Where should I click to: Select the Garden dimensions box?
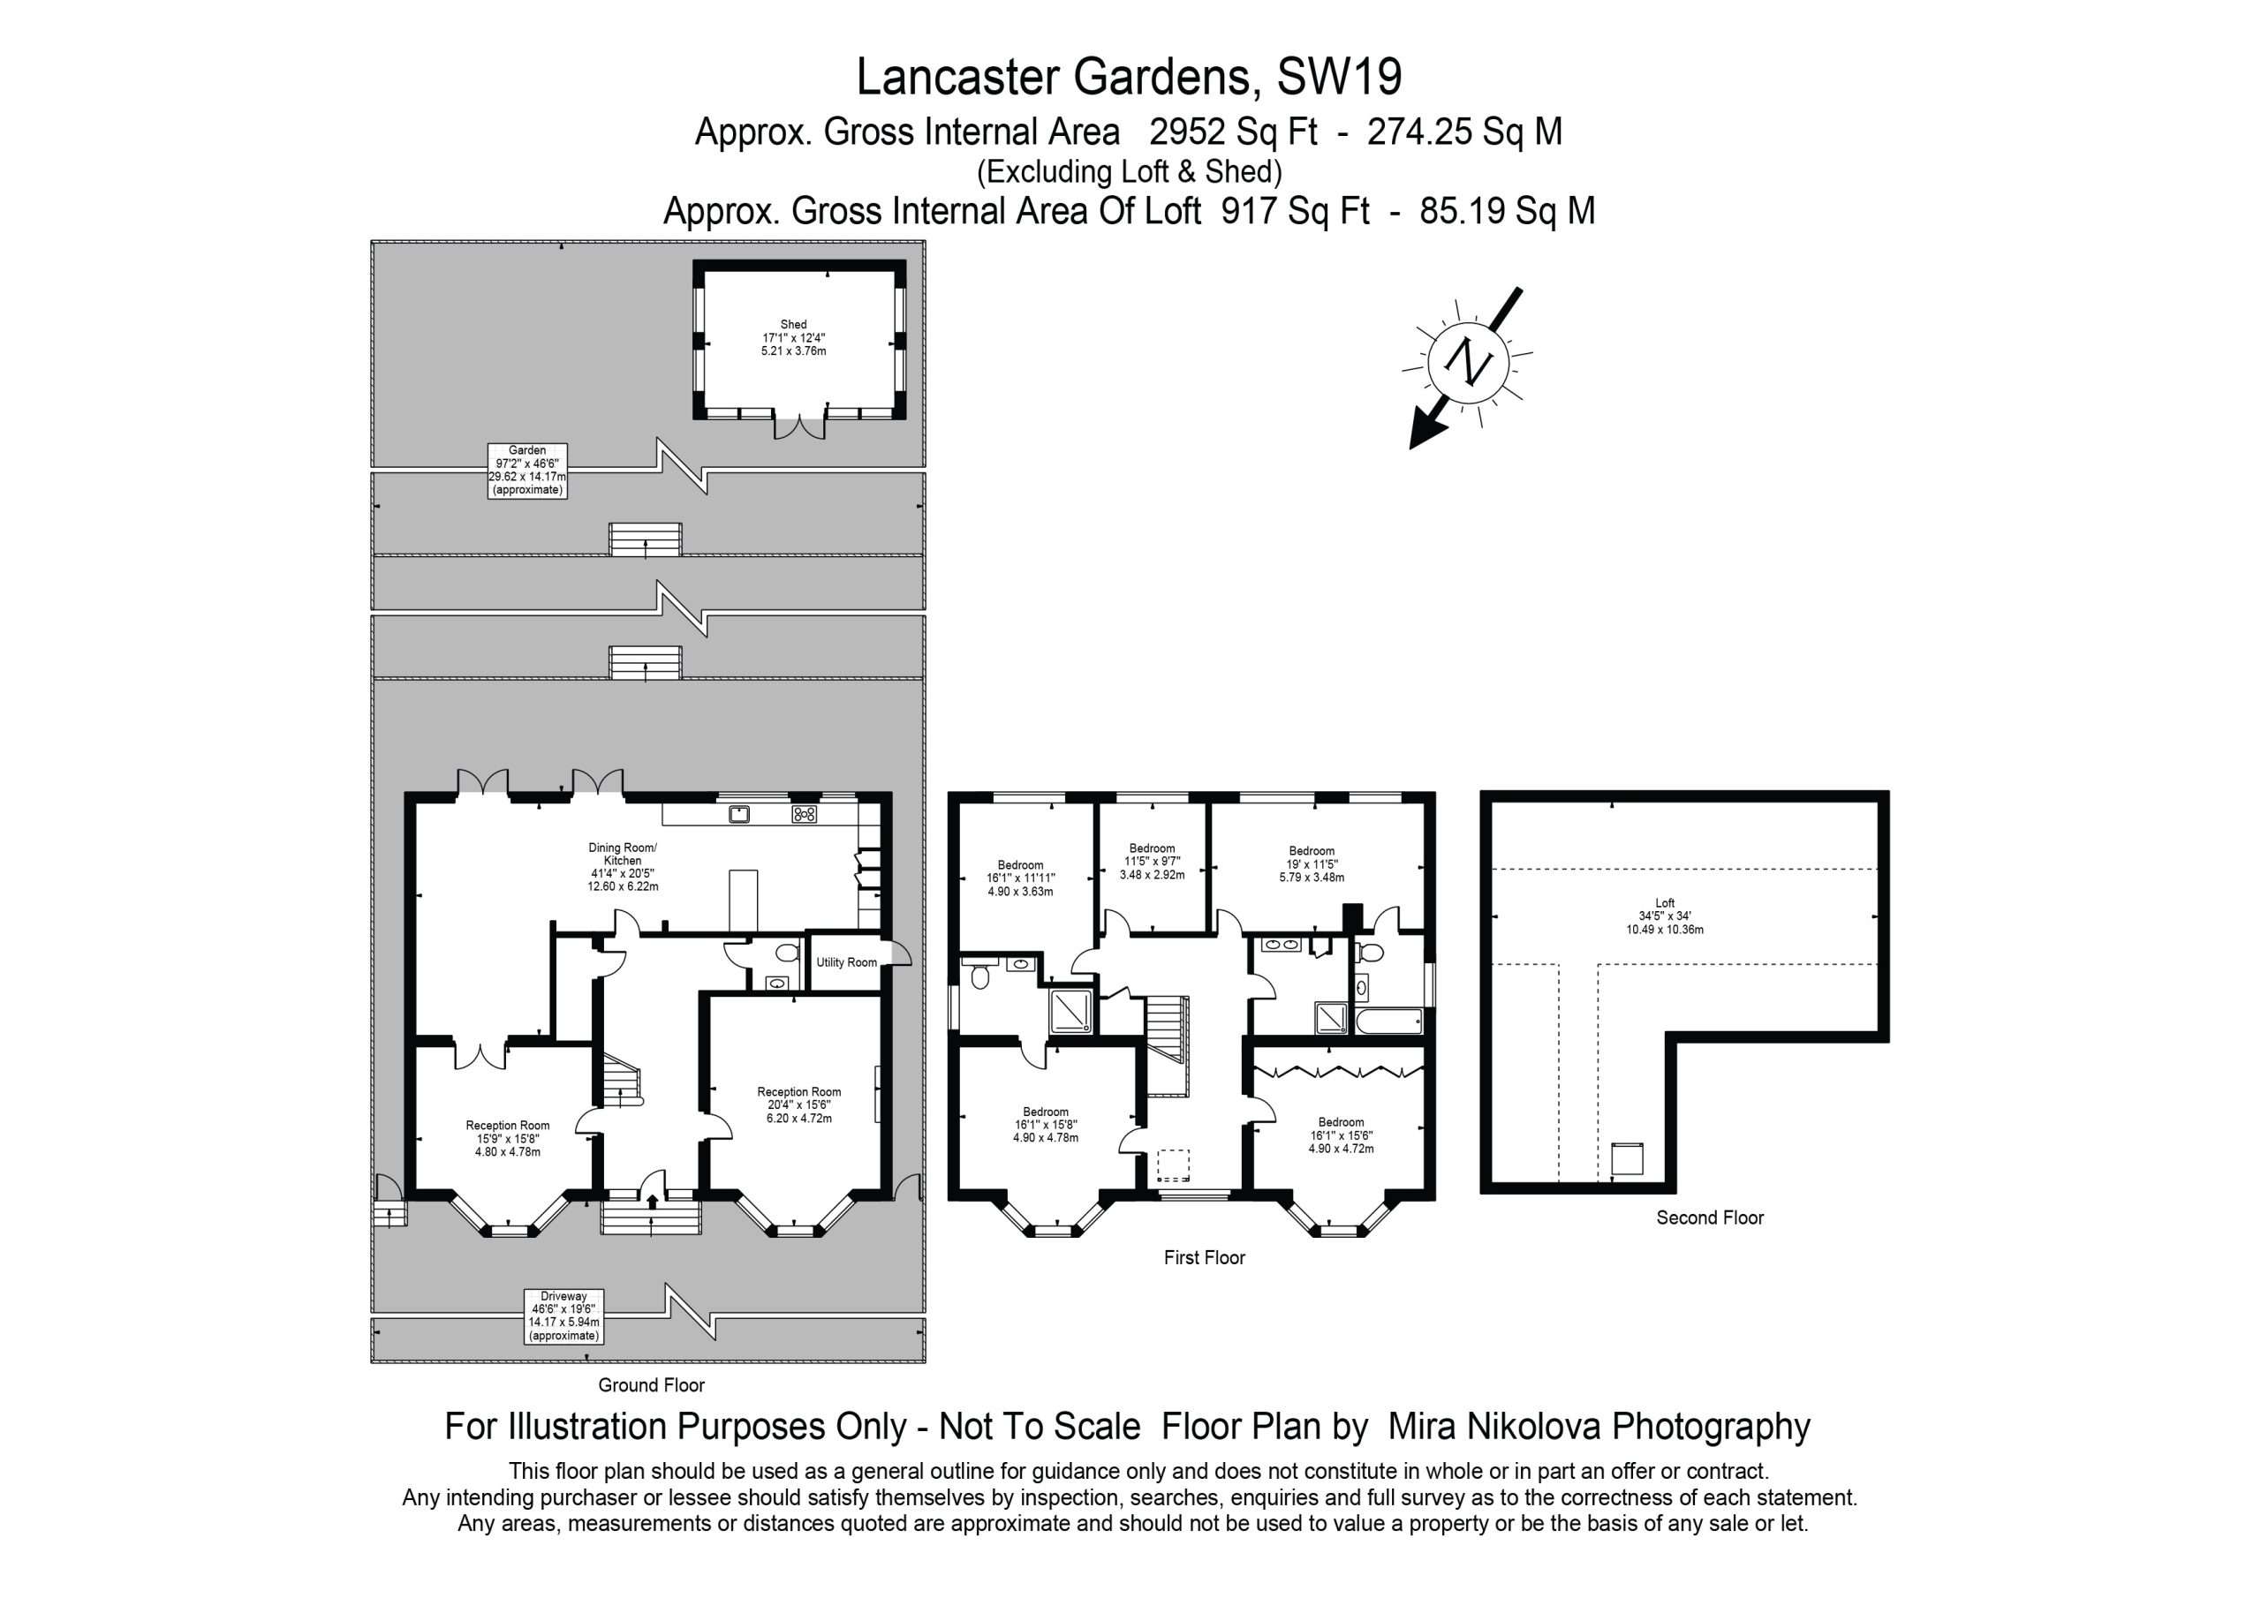[x=528, y=470]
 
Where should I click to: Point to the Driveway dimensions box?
[x=563, y=1315]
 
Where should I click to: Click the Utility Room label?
[x=846, y=962]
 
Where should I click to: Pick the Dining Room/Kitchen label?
[x=623, y=866]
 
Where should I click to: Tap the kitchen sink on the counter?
[x=739, y=813]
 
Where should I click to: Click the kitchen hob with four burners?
[x=804, y=814]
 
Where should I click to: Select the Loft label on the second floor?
[x=1664, y=916]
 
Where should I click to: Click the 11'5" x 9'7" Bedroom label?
[x=1153, y=861]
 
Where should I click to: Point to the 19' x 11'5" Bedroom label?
[x=1312, y=863]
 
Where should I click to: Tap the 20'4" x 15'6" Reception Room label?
[x=798, y=1104]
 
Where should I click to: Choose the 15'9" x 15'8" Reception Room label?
[x=507, y=1138]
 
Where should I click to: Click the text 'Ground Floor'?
[x=651, y=1385]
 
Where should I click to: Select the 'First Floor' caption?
[x=1205, y=1257]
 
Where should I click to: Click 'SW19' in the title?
[x=1339, y=77]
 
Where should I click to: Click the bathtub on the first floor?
[x=1388, y=1021]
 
